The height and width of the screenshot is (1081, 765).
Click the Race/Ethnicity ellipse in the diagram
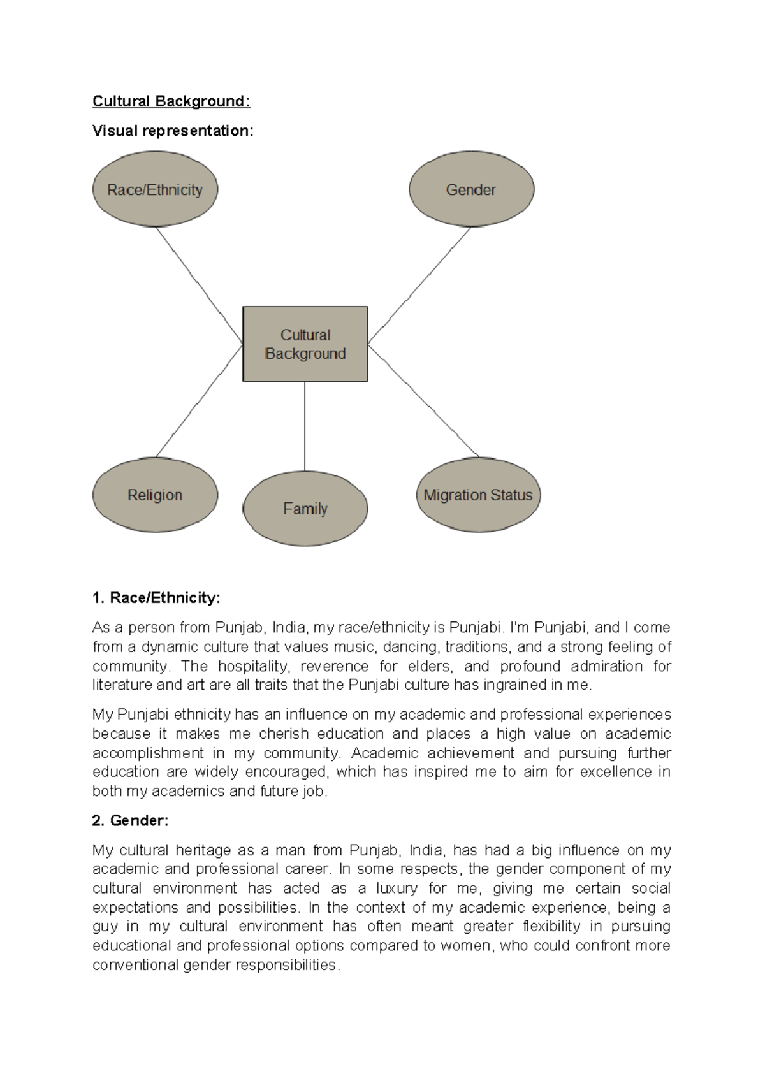pos(155,189)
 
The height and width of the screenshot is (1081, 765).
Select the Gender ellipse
pos(471,189)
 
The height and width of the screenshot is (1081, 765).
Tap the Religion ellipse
pos(155,495)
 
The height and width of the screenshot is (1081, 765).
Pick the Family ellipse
pos(305,509)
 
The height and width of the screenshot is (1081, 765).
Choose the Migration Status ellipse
pos(478,495)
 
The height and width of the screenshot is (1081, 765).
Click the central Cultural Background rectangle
pos(305,344)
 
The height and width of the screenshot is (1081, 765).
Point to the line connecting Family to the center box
pos(305,426)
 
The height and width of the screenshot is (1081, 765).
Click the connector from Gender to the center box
pos(419,286)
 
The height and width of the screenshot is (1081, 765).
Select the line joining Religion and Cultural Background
pos(199,401)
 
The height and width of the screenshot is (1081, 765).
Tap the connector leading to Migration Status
pos(423,401)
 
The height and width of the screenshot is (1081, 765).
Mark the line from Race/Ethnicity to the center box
pos(199,285)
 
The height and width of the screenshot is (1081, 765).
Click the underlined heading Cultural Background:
pos(171,101)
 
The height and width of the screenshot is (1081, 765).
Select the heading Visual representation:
pos(173,131)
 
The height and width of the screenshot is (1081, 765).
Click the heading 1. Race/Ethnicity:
pos(156,598)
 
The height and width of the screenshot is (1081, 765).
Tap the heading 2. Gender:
pos(130,820)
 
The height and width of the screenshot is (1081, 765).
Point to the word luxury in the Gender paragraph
pos(397,888)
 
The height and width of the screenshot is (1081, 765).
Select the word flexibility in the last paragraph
pos(551,926)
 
